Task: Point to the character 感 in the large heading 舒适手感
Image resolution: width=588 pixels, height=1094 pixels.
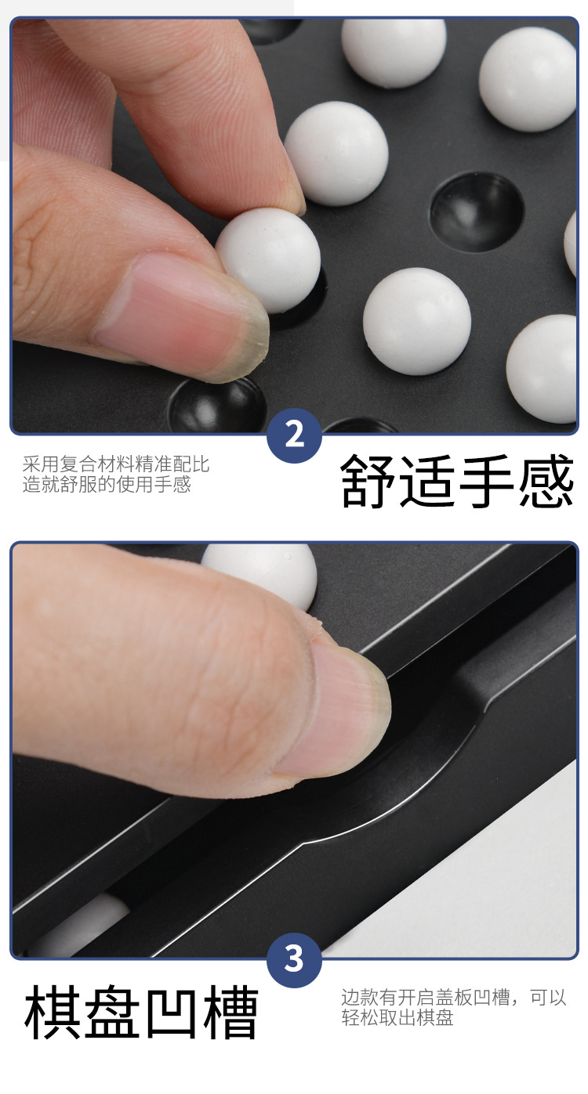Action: click(x=546, y=481)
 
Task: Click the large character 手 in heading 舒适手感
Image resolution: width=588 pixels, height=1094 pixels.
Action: click(x=487, y=481)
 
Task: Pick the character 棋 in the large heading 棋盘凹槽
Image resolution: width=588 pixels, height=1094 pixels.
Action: click(x=53, y=1013)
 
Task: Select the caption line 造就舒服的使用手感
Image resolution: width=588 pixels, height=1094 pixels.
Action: click(x=107, y=484)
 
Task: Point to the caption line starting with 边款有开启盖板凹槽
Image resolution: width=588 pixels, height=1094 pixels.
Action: click(x=453, y=998)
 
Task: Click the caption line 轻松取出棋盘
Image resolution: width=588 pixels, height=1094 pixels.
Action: click(x=397, y=1017)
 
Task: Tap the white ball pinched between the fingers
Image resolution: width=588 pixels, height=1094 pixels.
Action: click(x=270, y=259)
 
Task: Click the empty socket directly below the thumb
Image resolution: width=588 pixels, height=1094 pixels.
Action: click(x=216, y=405)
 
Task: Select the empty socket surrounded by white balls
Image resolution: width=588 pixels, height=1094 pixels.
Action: click(x=477, y=211)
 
